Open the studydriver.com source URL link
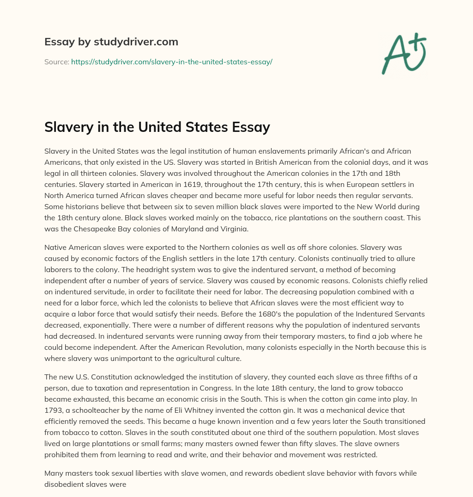[171, 62]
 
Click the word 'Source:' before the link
[56, 62]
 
